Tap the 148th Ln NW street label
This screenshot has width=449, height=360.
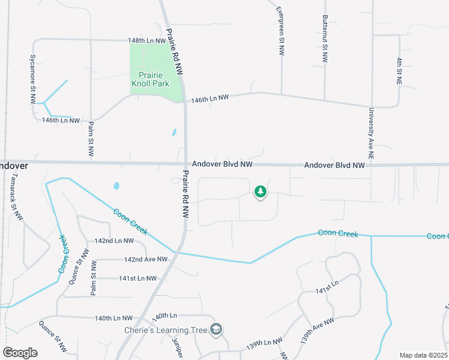[146, 41]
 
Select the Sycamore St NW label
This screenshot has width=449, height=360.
[33, 80]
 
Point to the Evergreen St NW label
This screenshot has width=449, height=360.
[280, 31]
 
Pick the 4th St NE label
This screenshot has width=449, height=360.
[399, 70]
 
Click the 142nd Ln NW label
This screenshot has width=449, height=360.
[113, 241]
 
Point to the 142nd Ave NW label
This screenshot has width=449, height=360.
[145, 260]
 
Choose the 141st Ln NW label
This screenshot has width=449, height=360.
[137, 278]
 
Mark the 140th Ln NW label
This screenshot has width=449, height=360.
[113, 318]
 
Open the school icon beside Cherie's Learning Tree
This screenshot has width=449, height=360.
[216, 329]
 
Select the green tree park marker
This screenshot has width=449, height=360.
[261, 192]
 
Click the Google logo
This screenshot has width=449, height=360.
[20, 353]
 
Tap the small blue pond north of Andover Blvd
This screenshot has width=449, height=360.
[174, 133]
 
